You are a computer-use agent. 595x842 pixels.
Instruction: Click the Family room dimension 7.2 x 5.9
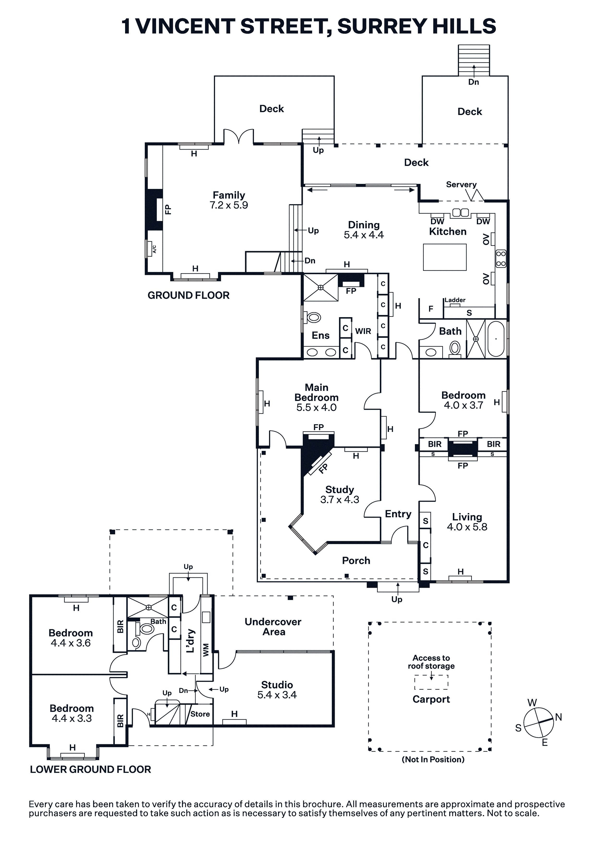click(x=229, y=205)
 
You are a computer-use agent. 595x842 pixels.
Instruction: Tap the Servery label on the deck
click(x=461, y=184)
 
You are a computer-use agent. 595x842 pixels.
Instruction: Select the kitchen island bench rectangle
click(x=445, y=257)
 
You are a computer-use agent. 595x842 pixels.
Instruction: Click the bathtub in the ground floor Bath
click(x=496, y=339)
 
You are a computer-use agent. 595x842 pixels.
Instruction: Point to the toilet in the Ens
click(x=314, y=317)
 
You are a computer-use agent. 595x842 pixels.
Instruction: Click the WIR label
click(x=363, y=331)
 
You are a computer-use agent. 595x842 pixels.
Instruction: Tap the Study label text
click(x=340, y=490)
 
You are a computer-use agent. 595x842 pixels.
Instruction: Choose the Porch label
click(x=356, y=560)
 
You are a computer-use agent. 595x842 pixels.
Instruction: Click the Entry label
click(x=398, y=514)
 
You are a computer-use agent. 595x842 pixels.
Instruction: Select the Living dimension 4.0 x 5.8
click(x=467, y=527)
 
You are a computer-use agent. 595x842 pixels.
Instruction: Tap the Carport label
click(x=431, y=699)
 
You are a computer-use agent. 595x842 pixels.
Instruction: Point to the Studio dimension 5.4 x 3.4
click(x=277, y=695)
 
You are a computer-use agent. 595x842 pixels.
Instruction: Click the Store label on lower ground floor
click(x=200, y=714)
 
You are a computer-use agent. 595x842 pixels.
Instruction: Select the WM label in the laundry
click(x=206, y=650)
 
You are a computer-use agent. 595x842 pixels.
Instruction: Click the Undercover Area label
click(x=273, y=627)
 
